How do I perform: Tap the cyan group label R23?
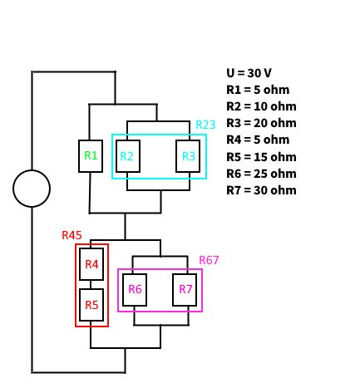tap(205, 125)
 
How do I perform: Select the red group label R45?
tap(72, 235)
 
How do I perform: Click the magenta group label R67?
tap(209, 260)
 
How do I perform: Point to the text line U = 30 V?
tap(249, 73)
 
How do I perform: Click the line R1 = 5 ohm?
tap(258, 90)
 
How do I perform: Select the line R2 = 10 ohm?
tap(261, 106)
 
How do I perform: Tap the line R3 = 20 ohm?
tap(261, 123)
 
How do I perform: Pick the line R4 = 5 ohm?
tap(258, 140)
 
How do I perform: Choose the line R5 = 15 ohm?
tap(261, 157)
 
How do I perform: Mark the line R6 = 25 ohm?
tap(261, 174)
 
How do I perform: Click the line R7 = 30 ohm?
tap(261, 190)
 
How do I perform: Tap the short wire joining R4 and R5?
tap(91, 285)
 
